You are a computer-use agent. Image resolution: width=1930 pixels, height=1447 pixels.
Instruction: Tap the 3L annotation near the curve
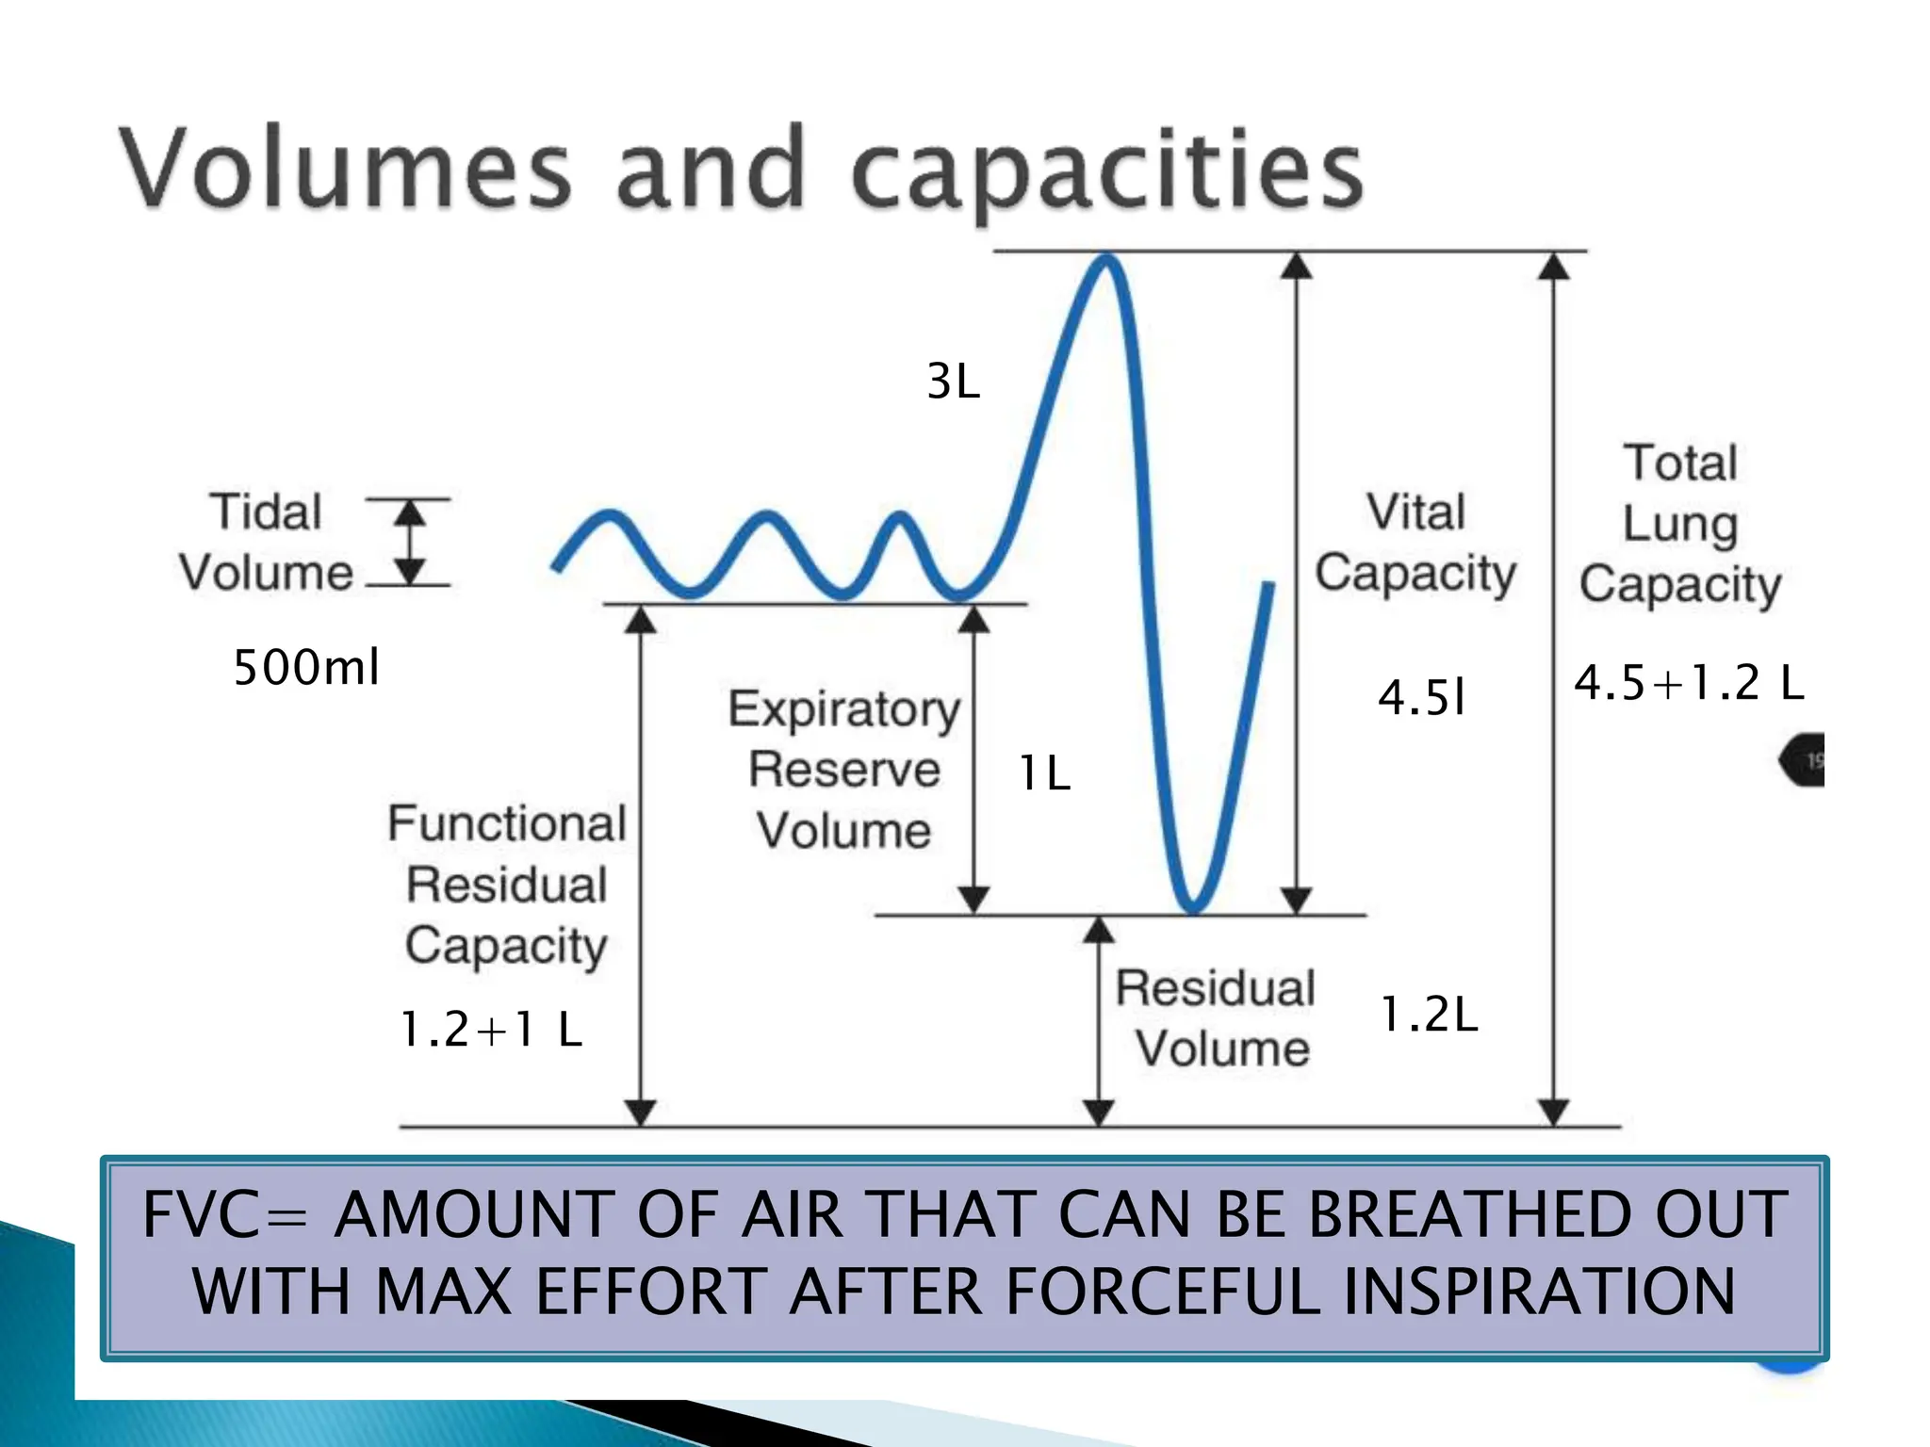(953, 382)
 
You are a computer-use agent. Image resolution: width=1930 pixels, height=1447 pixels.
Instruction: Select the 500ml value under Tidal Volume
(306, 668)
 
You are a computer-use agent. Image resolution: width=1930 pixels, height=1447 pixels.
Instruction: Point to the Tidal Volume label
(266, 543)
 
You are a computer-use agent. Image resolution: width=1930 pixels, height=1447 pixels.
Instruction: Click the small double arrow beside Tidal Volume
(409, 543)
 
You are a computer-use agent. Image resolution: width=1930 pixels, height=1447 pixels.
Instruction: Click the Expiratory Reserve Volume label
(844, 770)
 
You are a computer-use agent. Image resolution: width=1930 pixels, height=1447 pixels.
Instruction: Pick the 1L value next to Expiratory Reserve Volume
(1044, 773)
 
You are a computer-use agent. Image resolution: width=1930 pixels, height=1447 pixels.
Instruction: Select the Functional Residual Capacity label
(507, 885)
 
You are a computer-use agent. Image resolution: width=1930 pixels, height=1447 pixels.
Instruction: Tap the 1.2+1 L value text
(491, 1029)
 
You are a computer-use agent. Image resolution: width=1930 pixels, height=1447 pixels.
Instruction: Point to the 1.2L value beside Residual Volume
(1429, 1015)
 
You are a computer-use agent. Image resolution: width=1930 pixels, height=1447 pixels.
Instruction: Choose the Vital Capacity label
(1415, 544)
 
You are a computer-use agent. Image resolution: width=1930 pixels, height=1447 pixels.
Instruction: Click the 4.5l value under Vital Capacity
(1421, 698)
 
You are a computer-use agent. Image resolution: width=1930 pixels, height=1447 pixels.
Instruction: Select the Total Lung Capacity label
(1680, 524)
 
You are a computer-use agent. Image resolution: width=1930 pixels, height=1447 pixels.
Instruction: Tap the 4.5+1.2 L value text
(1689, 683)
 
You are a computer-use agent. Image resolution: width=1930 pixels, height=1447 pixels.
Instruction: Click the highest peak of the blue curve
(1106, 259)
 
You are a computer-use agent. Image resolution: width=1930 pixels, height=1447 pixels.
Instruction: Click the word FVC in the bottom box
(200, 1214)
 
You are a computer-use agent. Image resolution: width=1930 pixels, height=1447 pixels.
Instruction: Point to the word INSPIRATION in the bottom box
(1539, 1291)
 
